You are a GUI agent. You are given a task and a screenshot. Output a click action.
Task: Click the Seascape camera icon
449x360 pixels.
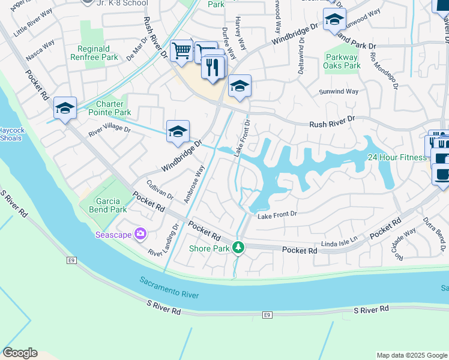tap(141, 233)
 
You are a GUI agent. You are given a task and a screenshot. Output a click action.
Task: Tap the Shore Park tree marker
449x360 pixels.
tap(238, 247)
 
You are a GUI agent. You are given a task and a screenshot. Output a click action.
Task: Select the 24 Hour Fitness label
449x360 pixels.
tap(397, 157)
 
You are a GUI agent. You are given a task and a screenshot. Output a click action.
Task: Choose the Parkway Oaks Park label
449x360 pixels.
tap(342, 61)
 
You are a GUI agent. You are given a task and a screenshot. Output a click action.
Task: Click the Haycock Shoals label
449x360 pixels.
tap(11, 134)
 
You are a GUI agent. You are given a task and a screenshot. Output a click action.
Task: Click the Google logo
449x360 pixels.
tap(20, 353)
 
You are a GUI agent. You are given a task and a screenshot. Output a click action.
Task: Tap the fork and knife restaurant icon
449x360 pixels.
tap(212, 67)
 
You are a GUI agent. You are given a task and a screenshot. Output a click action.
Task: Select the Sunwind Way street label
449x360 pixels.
tap(339, 91)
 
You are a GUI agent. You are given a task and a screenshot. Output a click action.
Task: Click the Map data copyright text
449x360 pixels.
tap(411, 355)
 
